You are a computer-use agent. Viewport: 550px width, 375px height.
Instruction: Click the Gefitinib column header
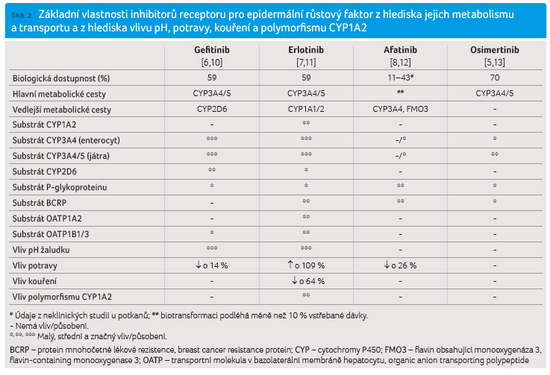tap(212, 50)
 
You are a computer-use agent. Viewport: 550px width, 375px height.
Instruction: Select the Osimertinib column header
tap(495, 50)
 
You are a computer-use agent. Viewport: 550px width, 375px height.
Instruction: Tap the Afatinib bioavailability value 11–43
tap(400, 78)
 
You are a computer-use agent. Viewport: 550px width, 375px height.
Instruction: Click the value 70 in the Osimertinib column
tap(495, 78)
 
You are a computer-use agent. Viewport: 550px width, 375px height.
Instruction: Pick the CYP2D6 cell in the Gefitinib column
tap(212, 109)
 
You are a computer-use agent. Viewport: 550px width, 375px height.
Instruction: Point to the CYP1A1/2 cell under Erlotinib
tap(306, 109)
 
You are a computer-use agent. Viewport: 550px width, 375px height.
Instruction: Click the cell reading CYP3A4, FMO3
tap(400, 109)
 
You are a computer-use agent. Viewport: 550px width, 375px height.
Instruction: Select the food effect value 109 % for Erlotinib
tap(306, 265)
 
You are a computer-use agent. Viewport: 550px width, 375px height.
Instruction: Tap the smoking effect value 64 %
tap(308, 281)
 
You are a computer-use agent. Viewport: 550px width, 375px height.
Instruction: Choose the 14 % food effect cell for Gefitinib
tap(212, 265)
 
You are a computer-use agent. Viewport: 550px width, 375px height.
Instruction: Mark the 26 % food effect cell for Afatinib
tap(400, 265)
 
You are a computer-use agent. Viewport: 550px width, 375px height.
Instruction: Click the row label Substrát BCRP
tap(40, 203)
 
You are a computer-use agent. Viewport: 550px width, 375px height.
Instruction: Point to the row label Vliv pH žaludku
tap(41, 250)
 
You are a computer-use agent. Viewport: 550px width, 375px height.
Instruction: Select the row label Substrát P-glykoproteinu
tap(60, 188)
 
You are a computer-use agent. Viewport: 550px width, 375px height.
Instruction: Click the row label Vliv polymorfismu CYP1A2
tap(62, 297)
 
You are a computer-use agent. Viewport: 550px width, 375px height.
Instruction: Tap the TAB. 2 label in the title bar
tap(22, 16)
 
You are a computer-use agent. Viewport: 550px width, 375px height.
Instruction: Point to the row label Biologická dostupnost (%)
tap(61, 78)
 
